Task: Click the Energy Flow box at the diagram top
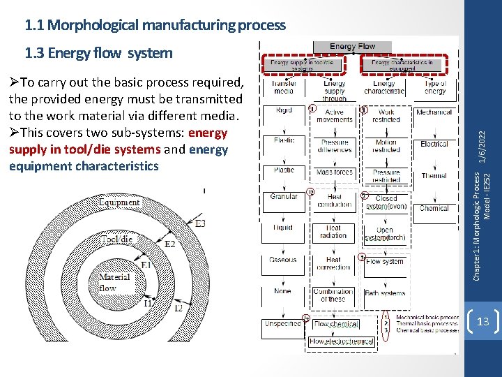(x=353, y=47)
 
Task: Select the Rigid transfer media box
(x=283, y=112)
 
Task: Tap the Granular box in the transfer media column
(x=283, y=197)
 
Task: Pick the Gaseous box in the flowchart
(x=283, y=260)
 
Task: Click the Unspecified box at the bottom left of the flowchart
(x=282, y=324)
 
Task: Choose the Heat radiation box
(x=333, y=231)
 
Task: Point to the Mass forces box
(x=334, y=172)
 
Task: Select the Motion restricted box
(x=386, y=146)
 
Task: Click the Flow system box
(x=385, y=262)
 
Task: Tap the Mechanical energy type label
(x=434, y=112)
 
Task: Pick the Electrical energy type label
(x=434, y=144)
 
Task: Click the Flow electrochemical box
(x=342, y=341)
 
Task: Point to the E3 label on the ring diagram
(x=200, y=223)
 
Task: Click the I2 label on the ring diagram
(x=178, y=308)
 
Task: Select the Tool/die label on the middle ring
(x=116, y=239)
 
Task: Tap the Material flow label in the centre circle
(x=114, y=281)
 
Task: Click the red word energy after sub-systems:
(x=208, y=133)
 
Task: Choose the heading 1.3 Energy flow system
(x=98, y=52)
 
